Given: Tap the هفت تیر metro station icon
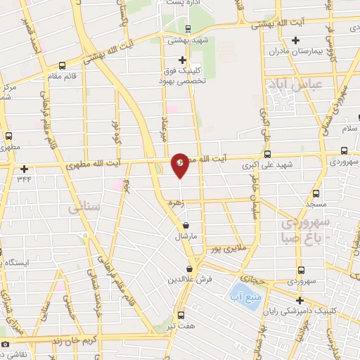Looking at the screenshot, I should point(181,314).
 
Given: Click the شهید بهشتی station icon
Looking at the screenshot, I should point(187,29).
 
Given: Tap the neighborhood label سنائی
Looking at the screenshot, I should point(83,208).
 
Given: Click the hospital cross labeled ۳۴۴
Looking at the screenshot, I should point(25,169).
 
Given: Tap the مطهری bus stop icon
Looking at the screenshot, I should point(8,136).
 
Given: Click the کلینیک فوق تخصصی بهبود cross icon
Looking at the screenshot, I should point(183,60).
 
